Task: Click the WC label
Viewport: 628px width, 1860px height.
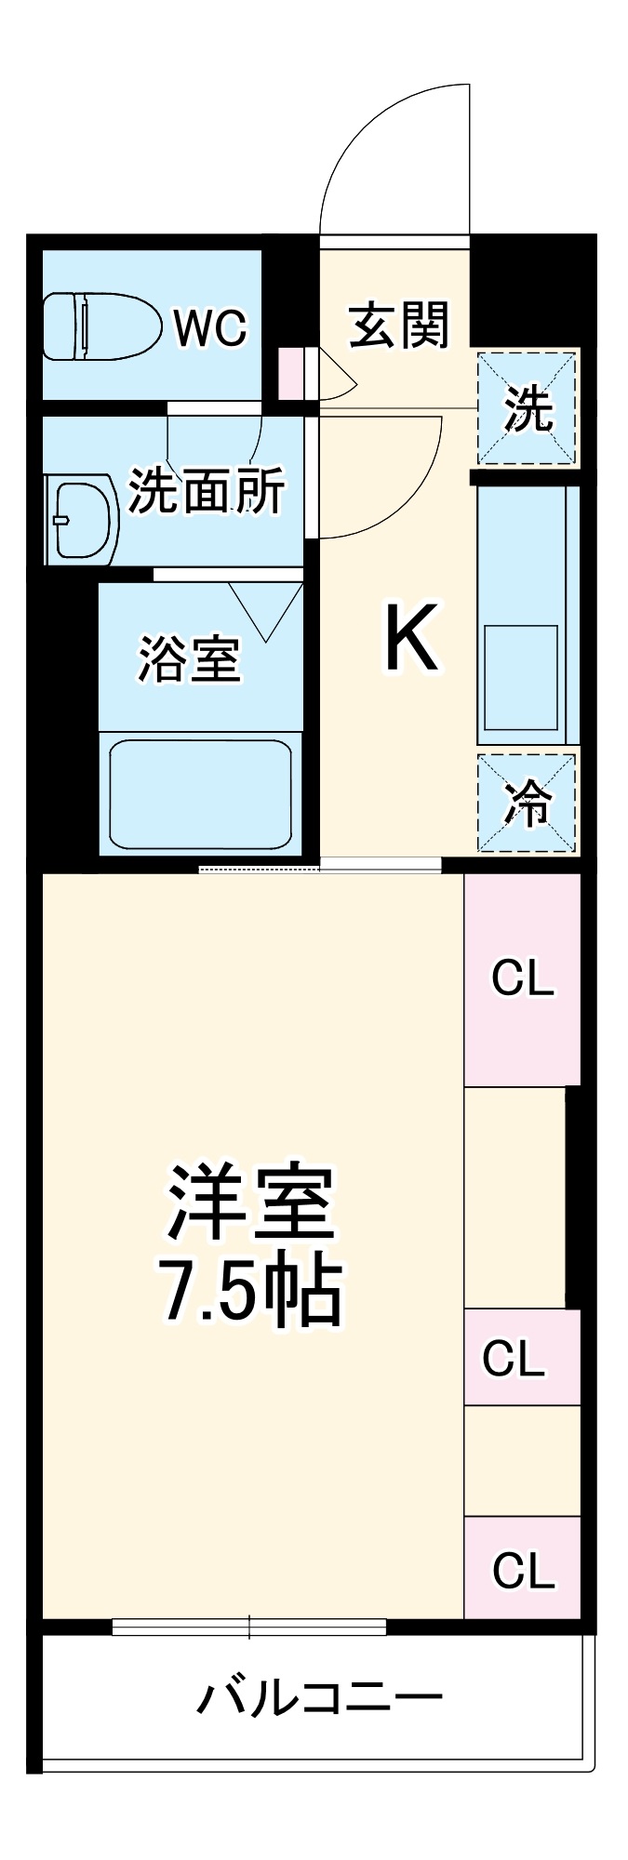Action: pyautogui.click(x=211, y=328)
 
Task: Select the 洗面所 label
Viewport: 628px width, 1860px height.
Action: pyautogui.click(x=206, y=490)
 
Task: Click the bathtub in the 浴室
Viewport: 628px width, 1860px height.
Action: pyautogui.click(x=200, y=793)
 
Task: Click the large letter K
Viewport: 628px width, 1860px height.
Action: pyautogui.click(x=411, y=638)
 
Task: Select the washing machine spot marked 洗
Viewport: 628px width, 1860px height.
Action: pyautogui.click(x=528, y=408)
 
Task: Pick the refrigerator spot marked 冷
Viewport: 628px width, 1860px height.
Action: pyautogui.click(x=527, y=803)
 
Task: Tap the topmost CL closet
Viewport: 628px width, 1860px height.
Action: pyautogui.click(x=522, y=979)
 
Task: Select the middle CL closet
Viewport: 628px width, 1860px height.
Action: pyautogui.click(x=513, y=1359)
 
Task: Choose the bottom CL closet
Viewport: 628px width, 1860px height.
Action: pyautogui.click(x=523, y=1570)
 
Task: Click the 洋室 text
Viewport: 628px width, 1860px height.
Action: pyautogui.click(x=250, y=1202)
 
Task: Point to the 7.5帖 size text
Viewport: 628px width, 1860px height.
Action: pyautogui.click(x=250, y=1293)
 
